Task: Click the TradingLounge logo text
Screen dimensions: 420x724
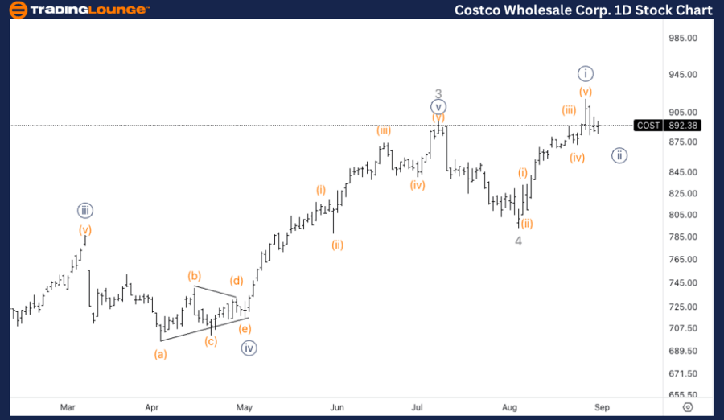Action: point(90,10)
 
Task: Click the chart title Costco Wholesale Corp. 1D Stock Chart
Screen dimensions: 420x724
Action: point(583,10)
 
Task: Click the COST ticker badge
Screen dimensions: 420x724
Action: point(648,126)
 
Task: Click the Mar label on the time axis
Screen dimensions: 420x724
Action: point(68,406)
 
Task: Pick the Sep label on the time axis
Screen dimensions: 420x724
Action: point(602,406)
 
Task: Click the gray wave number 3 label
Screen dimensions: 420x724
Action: point(438,93)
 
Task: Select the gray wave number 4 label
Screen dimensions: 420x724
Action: point(519,241)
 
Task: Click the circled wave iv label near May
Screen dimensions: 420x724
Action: point(249,348)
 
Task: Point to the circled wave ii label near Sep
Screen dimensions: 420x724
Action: point(619,155)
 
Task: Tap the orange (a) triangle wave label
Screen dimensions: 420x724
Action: point(161,353)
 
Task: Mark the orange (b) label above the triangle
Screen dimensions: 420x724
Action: point(195,276)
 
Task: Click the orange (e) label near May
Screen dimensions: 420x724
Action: point(245,329)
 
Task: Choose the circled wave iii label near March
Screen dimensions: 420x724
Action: point(85,211)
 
